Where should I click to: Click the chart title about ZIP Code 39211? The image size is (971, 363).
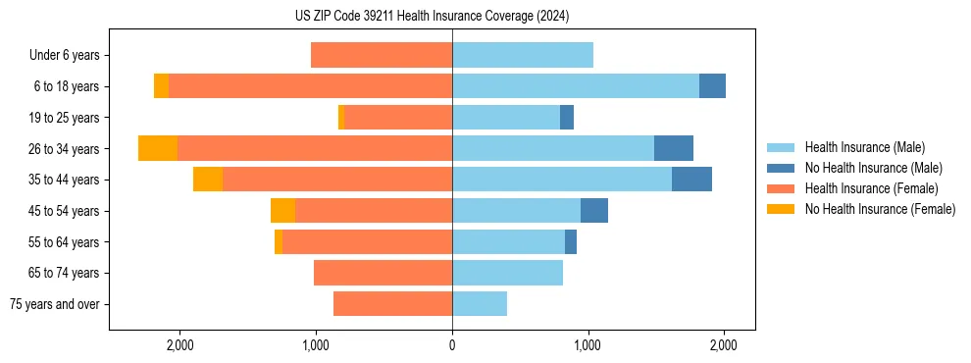(x=432, y=16)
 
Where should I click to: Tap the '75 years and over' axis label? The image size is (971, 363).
(x=55, y=304)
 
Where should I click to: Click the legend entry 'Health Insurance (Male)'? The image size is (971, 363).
(x=864, y=147)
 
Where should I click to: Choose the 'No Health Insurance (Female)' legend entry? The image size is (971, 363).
(x=880, y=209)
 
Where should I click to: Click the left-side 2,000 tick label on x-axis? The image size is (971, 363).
(x=179, y=345)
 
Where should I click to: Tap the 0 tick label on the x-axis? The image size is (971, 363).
(x=452, y=345)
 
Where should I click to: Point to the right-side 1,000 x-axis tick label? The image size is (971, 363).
(x=588, y=345)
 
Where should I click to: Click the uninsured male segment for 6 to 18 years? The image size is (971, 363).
(x=712, y=86)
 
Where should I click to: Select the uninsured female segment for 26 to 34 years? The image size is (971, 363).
(x=158, y=148)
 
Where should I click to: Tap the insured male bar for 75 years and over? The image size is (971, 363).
(x=480, y=304)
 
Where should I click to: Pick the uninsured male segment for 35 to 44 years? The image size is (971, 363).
(x=691, y=180)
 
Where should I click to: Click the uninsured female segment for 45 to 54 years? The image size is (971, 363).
(x=282, y=211)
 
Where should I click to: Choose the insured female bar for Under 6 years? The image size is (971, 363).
(x=382, y=55)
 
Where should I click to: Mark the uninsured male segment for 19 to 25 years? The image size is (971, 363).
(x=567, y=118)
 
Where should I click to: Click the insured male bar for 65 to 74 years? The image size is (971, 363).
(x=507, y=273)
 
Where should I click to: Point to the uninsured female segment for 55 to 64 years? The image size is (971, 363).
(x=279, y=241)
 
